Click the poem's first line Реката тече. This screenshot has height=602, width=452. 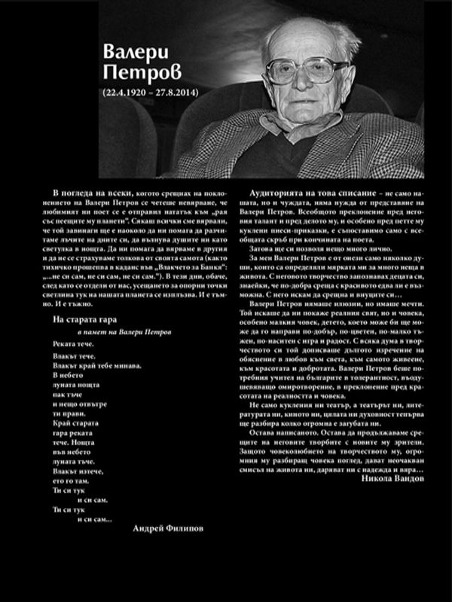click(75, 346)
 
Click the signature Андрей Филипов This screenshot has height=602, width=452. click(167, 528)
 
